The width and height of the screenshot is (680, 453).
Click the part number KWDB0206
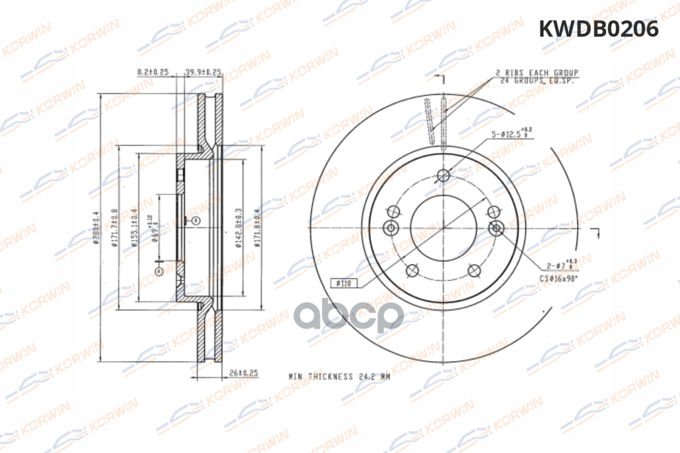coord(599,29)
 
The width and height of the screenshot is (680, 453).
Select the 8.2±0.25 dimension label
coord(152,72)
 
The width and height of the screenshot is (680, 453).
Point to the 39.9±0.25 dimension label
coord(203,72)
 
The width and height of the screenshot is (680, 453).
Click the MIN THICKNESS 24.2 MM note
coord(339,377)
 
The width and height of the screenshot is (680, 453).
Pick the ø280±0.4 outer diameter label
coord(96,228)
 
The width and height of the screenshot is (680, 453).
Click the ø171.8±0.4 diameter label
coord(257,228)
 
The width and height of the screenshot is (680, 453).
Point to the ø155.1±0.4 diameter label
coord(134,228)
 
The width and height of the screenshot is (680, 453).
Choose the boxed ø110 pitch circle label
coord(344,283)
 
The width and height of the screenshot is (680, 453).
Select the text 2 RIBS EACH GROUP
coord(537,72)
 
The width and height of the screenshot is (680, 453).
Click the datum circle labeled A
coord(158,271)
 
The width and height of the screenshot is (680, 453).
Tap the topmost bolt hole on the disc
coord(444,175)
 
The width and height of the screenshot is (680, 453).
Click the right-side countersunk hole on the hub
coord(496,228)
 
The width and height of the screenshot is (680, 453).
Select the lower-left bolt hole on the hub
coord(412,271)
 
